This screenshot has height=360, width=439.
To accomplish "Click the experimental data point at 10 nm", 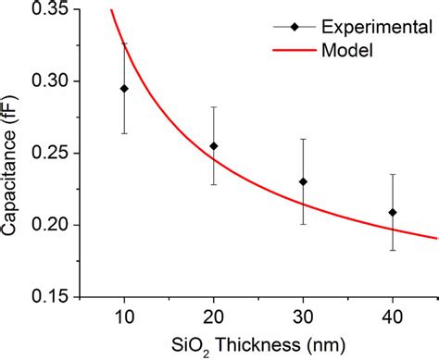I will pyautogui.click(x=124, y=89).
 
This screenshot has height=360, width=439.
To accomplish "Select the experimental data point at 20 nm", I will pyautogui.click(x=214, y=145).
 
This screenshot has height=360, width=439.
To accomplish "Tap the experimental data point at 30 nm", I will pyautogui.click(x=304, y=181).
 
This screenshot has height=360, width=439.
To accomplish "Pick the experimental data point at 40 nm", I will pyautogui.click(x=393, y=212).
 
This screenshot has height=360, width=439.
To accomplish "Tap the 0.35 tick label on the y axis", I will pyautogui.click(x=44, y=10).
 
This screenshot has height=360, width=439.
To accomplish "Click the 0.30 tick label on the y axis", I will pyautogui.click(x=44, y=81).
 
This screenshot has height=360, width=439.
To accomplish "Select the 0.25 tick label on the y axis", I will pyautogui.click(x=44, y=153).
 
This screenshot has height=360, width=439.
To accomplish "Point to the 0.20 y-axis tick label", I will pyautogui.click(x=44, y=225).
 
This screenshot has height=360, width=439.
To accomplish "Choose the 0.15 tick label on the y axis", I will pyautogui.click(x=44, y=296).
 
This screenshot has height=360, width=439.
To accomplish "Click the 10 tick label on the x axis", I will pyautogui.click(x=124, y=317).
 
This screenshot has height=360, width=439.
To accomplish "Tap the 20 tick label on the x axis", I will pyautogui.click(x=214, y=317).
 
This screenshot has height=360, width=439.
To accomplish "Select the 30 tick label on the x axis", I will pyautogui.click(x=304, y=317).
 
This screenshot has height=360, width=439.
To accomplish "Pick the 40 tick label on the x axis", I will pyautogui.click(x=393, y=317).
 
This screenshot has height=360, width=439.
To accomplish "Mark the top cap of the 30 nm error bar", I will pyautogui.click(x=304, y=139).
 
